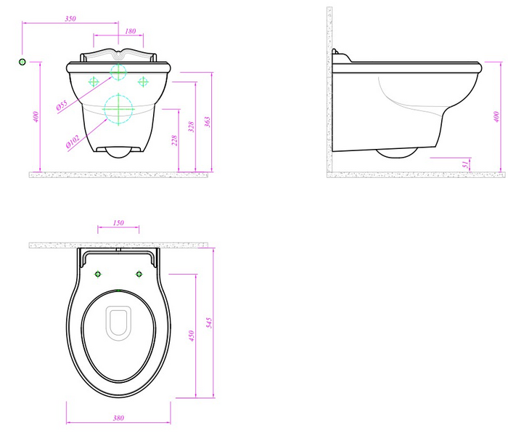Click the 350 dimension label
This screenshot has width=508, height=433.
coord(70,18)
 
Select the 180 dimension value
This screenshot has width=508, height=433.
coord(130,31)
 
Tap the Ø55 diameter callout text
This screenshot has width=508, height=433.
coord(62,105)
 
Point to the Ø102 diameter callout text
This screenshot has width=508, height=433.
coord(73,142)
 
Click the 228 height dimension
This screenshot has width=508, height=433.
coord(174,140)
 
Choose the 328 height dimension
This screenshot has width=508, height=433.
coord(192,126)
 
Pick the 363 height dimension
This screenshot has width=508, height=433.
coord(208,122)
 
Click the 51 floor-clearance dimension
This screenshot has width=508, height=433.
coord(466,164)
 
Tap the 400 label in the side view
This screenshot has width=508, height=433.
coord(496,117)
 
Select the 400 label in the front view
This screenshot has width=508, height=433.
coord(36,117)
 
